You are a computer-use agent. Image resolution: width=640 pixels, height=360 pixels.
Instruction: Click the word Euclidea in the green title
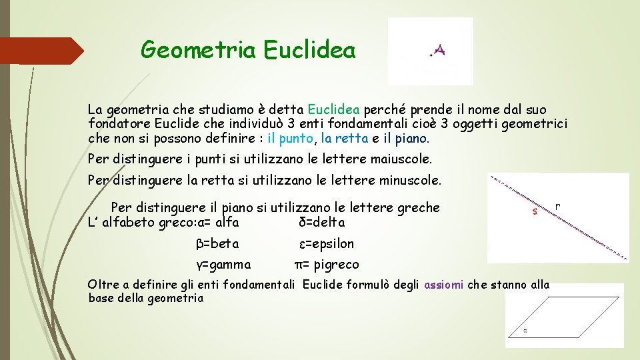pyautogui.click(x=309, y=50)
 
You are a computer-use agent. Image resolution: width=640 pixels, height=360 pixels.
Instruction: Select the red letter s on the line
pyautogui.click(x=534, y=212)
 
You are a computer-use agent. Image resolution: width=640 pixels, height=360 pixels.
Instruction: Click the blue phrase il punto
pyautogui.click(x=290, y=139)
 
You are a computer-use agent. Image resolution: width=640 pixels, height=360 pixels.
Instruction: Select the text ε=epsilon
pyautogui.click(x=326, y=243)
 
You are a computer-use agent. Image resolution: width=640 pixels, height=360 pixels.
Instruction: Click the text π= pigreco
pyautogui.click(x=327, y=265)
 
